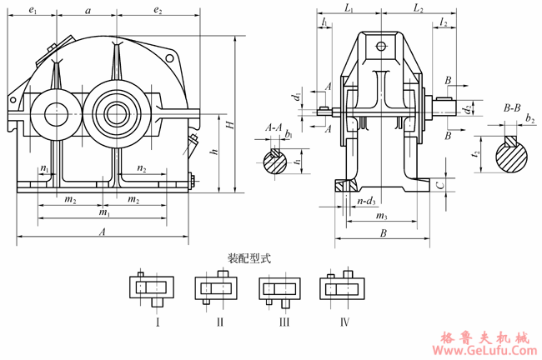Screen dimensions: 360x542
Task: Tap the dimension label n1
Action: (x=44, y=169)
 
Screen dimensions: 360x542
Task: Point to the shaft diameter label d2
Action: (x=469, y=107)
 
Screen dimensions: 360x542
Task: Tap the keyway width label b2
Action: (x=530, y=120)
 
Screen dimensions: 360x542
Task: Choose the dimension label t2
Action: (x=475, y=154)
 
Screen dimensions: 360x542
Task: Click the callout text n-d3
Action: (x=366, y=201)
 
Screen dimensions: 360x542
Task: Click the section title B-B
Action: (x=512, y=107)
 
